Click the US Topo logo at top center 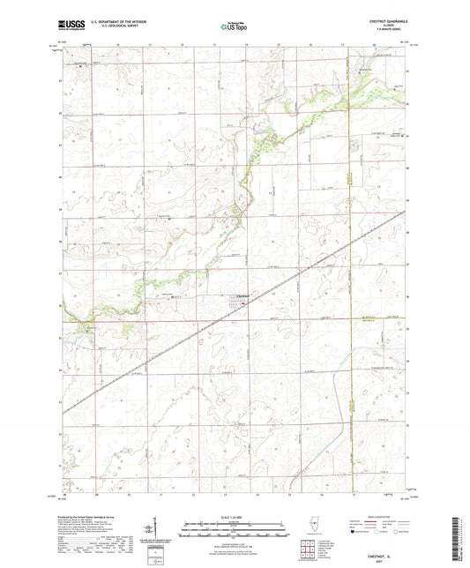[x=234, y=27]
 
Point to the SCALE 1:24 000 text [x=234, y=518]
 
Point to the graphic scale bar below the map [x=234, y=532]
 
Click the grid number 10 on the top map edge [x=117, y=42]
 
